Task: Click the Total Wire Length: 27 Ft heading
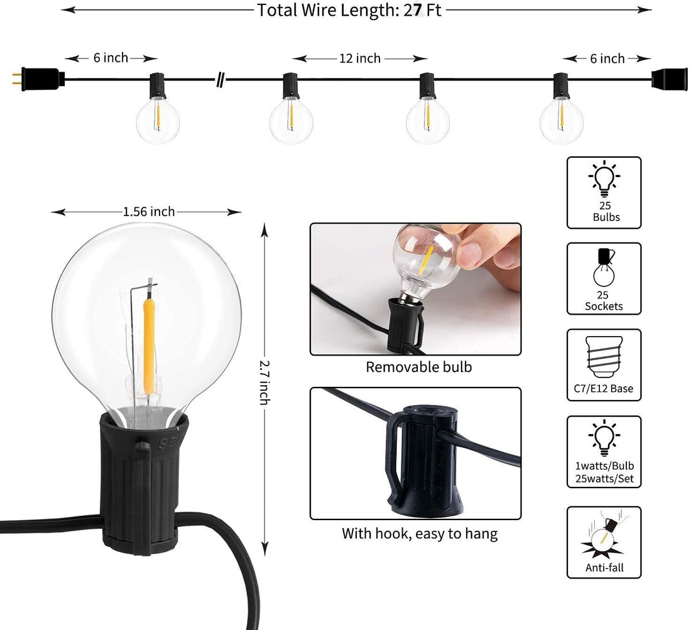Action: click(349, 11)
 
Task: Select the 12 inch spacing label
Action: click(360, 58)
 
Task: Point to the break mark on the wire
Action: click(220, 80)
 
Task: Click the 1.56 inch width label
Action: click(149, 212)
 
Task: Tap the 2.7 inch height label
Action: click(264, 381)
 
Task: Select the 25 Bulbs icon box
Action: click(604, 193)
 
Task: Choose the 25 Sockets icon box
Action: click(604, 279)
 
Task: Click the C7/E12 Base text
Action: click(604, 389)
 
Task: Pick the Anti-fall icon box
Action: click(604, 542)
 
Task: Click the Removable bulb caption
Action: click(419, 367)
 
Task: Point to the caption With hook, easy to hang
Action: click(420, 535)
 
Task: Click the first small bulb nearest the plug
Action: click(158, 119)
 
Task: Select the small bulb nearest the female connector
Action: click(561, 119)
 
